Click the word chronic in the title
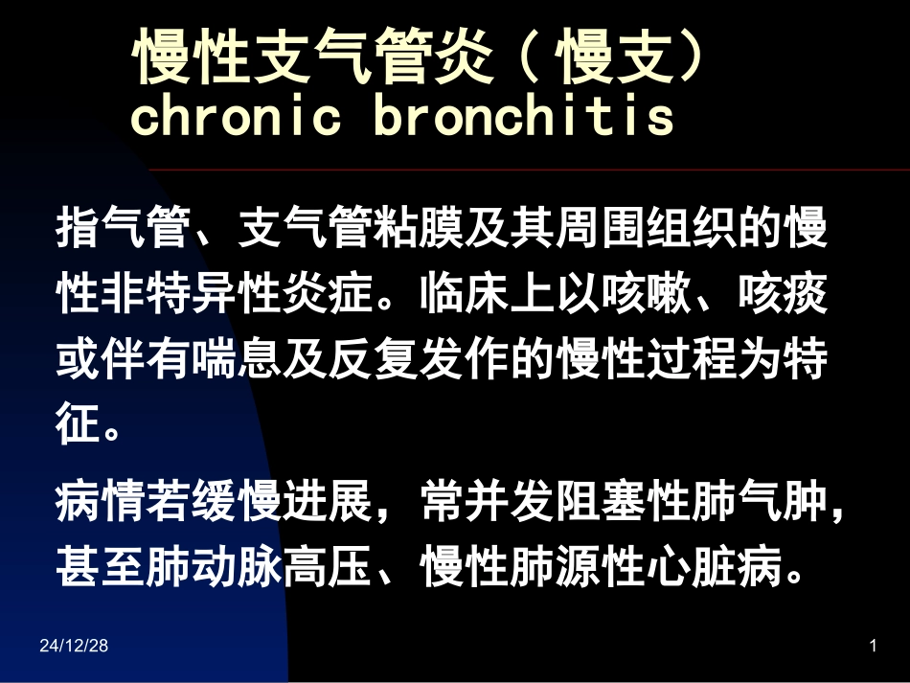[x=236, y=117]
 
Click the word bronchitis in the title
[x=524, y=117]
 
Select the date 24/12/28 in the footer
[x=74, y=647]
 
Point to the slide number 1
[x=873, y=647]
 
